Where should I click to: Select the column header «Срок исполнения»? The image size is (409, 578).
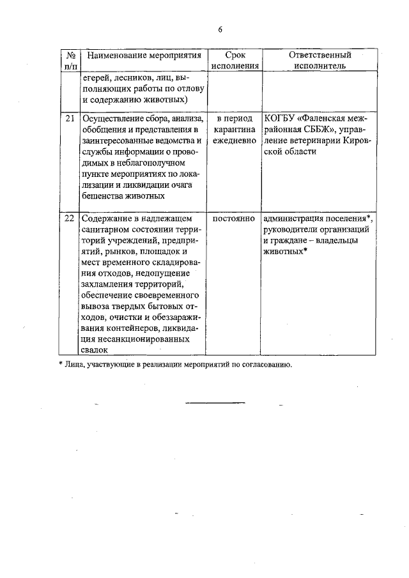[x=235, y=60]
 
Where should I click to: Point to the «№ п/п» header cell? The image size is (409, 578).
[x=70, y=60]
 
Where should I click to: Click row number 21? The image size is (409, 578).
[x=70, y=119]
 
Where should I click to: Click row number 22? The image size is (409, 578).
[x=70, y=218]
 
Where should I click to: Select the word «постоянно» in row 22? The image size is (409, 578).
[x=234, y=218]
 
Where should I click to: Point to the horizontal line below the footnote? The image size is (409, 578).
[x=215, y=402]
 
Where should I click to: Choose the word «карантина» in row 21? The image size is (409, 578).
[x=235, y=130]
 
